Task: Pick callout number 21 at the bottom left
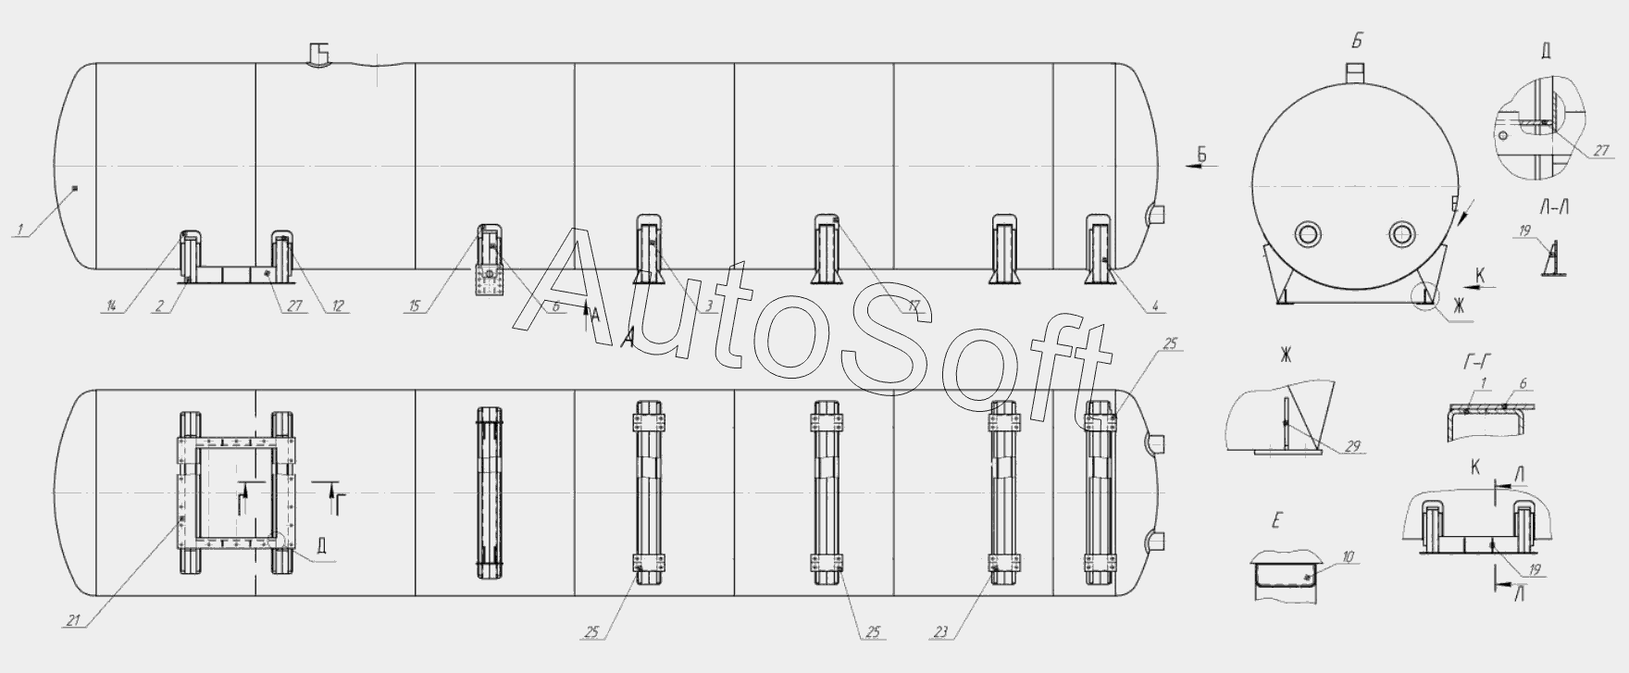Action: point(72,621)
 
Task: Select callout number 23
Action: point(941,633)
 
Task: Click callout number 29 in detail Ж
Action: point(1353,447)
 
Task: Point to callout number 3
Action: point(709,306)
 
